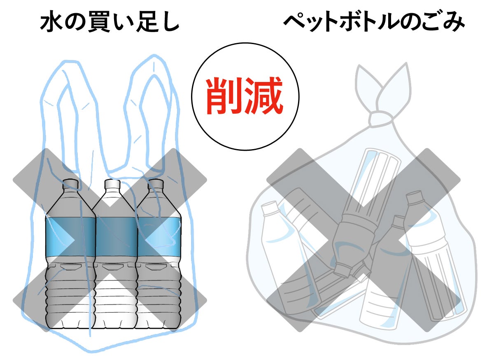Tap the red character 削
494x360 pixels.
(224, 97)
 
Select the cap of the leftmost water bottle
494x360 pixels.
(71, 183)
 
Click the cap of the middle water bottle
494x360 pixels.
(112, 184)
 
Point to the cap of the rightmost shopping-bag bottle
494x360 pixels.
(156, 184)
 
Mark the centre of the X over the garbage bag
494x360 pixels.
(364, 240)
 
